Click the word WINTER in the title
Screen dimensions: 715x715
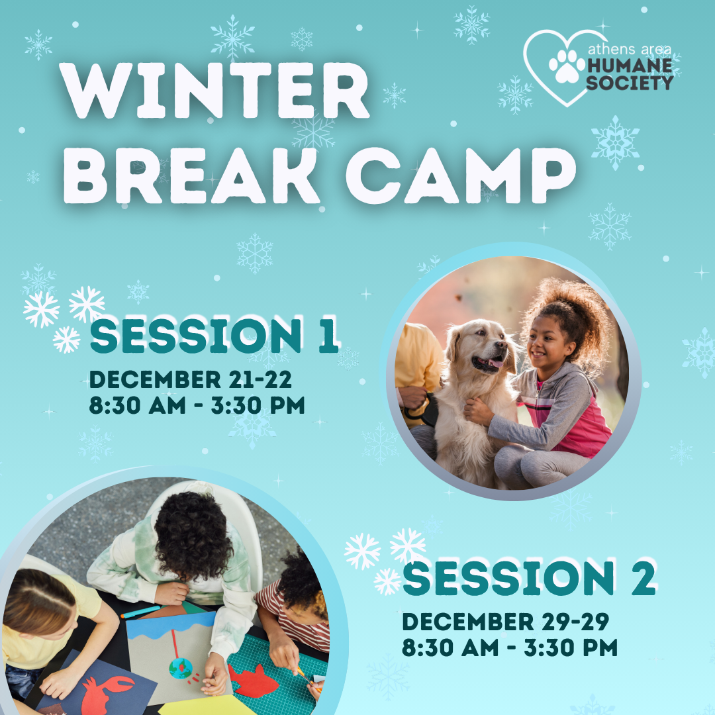point(215,90)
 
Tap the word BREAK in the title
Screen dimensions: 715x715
point(191,175)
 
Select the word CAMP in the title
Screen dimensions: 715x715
point(461,175)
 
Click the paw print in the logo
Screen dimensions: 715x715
point(567,67)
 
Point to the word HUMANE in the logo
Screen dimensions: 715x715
point(630,66)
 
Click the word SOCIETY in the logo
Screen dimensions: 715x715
point(630,83)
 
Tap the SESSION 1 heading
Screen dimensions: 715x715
point(214,336)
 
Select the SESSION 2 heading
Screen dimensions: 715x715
point(529,577)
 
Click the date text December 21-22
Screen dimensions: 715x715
point(190,379)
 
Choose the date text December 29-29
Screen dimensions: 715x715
point(505,622)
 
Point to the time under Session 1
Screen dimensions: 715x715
point(197,405)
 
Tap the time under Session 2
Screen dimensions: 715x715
point(509,647)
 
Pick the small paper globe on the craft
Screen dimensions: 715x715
point(181,669)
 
